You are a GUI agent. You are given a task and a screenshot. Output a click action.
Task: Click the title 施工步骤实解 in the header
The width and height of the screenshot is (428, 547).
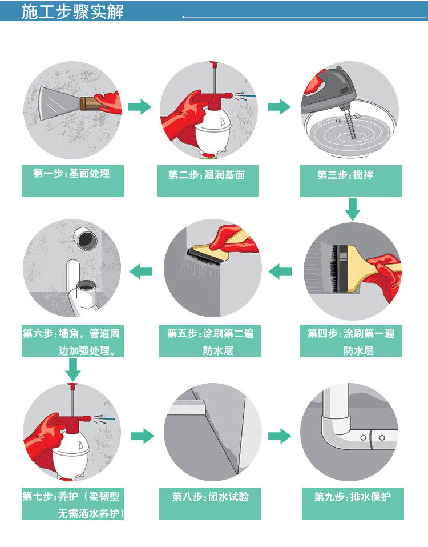72,11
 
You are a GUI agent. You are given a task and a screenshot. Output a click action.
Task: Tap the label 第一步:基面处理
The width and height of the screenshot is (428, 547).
72,173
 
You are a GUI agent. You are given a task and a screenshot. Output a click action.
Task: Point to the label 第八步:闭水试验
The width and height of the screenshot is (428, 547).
211,497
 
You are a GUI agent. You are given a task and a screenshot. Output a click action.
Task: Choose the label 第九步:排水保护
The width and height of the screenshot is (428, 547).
353,497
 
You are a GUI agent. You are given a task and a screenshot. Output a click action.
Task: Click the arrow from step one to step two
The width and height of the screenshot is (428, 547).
140,107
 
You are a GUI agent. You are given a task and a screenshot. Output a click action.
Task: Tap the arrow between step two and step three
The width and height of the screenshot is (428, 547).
279,107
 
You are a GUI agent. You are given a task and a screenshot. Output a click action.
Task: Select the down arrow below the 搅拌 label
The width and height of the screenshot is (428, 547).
353,209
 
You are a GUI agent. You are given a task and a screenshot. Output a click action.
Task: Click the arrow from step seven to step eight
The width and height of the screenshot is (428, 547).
143,437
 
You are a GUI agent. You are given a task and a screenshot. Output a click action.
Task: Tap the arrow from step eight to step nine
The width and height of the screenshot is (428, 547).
280,437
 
